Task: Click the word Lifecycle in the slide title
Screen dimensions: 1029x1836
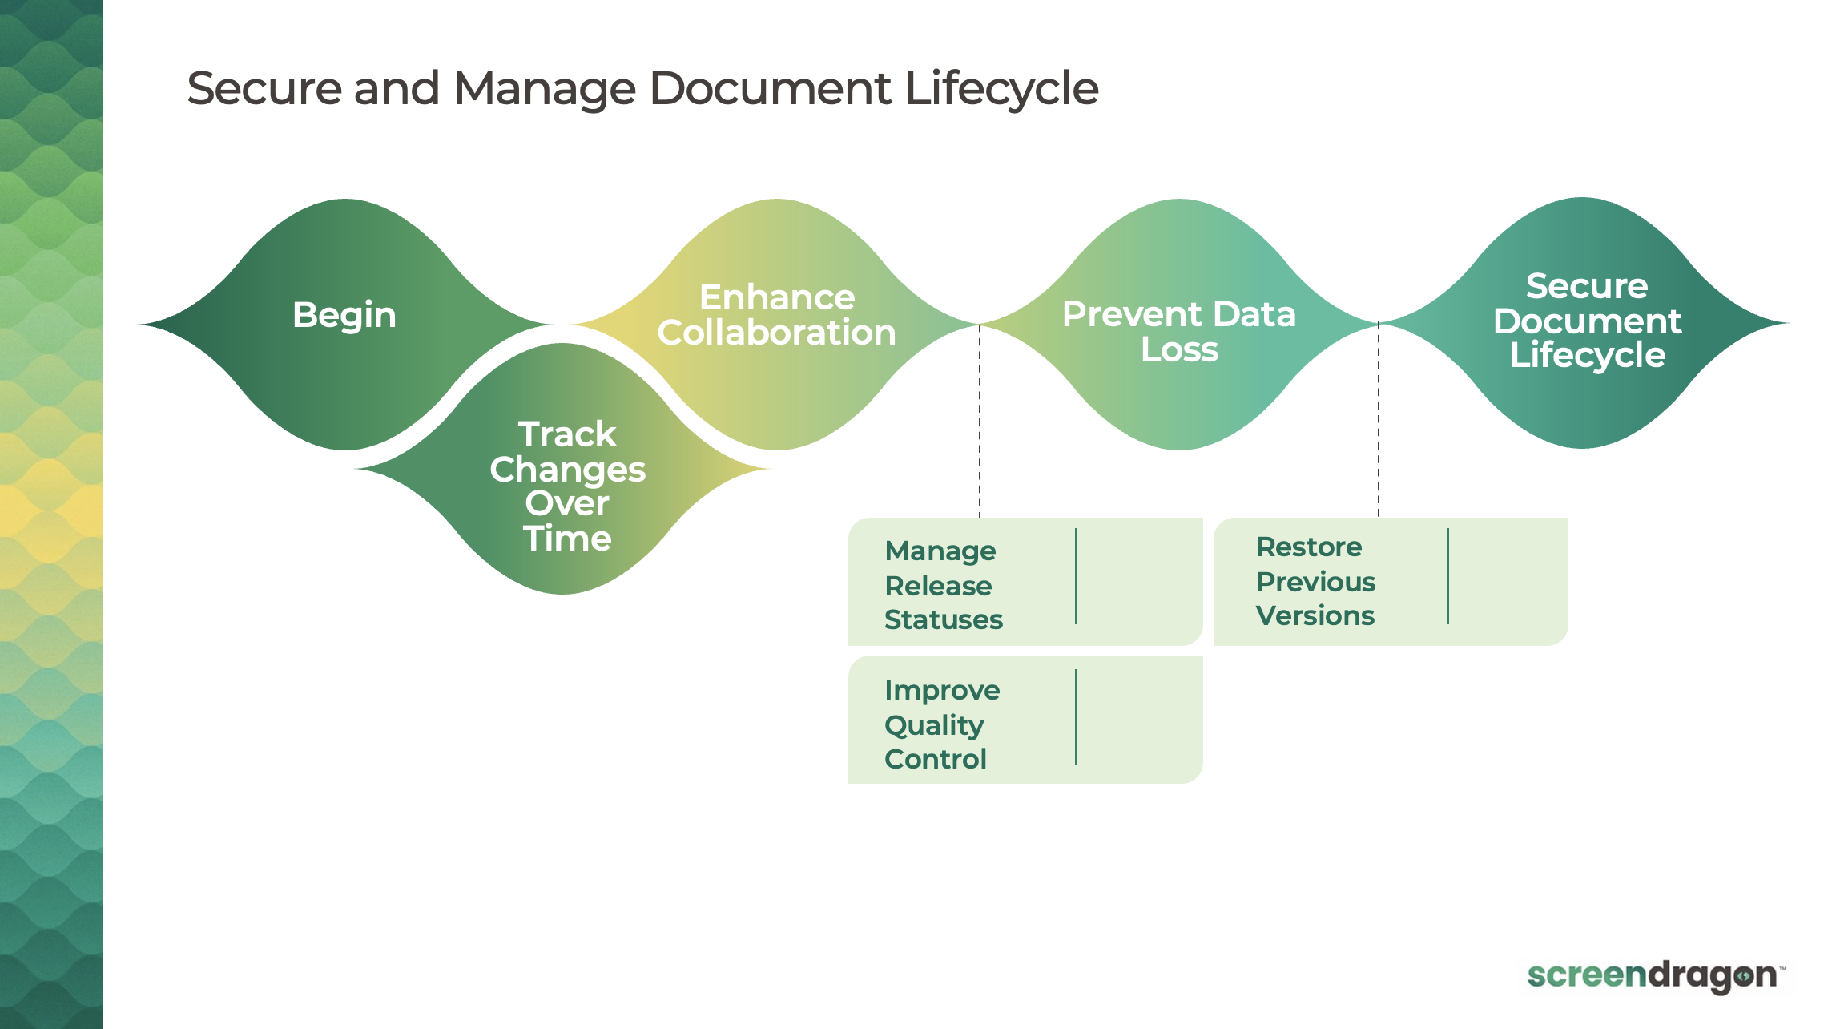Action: click(1001, 88)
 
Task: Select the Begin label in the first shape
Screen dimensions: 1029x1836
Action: click(344, 315)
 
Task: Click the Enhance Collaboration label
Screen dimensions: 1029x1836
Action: click(777, 315)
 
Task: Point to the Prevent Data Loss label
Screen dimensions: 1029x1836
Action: click(1179, 332)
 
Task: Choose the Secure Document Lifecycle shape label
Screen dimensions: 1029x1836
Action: click(1587, 321)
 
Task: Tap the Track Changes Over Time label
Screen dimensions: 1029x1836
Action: click(567, 486)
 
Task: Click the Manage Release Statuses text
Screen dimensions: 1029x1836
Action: click(943, 585)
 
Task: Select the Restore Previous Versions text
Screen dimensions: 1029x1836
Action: click(1315, 581)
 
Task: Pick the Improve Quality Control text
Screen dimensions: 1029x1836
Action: click(941, 724)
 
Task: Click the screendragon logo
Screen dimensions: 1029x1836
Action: click(1655, 976)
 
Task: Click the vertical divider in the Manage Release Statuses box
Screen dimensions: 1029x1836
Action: click(1076, 576)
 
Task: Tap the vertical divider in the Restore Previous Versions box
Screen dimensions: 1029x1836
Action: click(1448, 576)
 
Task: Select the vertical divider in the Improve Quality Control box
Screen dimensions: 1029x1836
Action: click(1076, 717)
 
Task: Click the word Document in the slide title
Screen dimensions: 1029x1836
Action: click(769, 88)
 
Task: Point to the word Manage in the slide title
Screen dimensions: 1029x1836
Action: click(545, 88)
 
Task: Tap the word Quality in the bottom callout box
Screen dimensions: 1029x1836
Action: click(934, 725)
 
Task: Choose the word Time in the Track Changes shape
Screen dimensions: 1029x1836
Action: click(567, 539)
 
